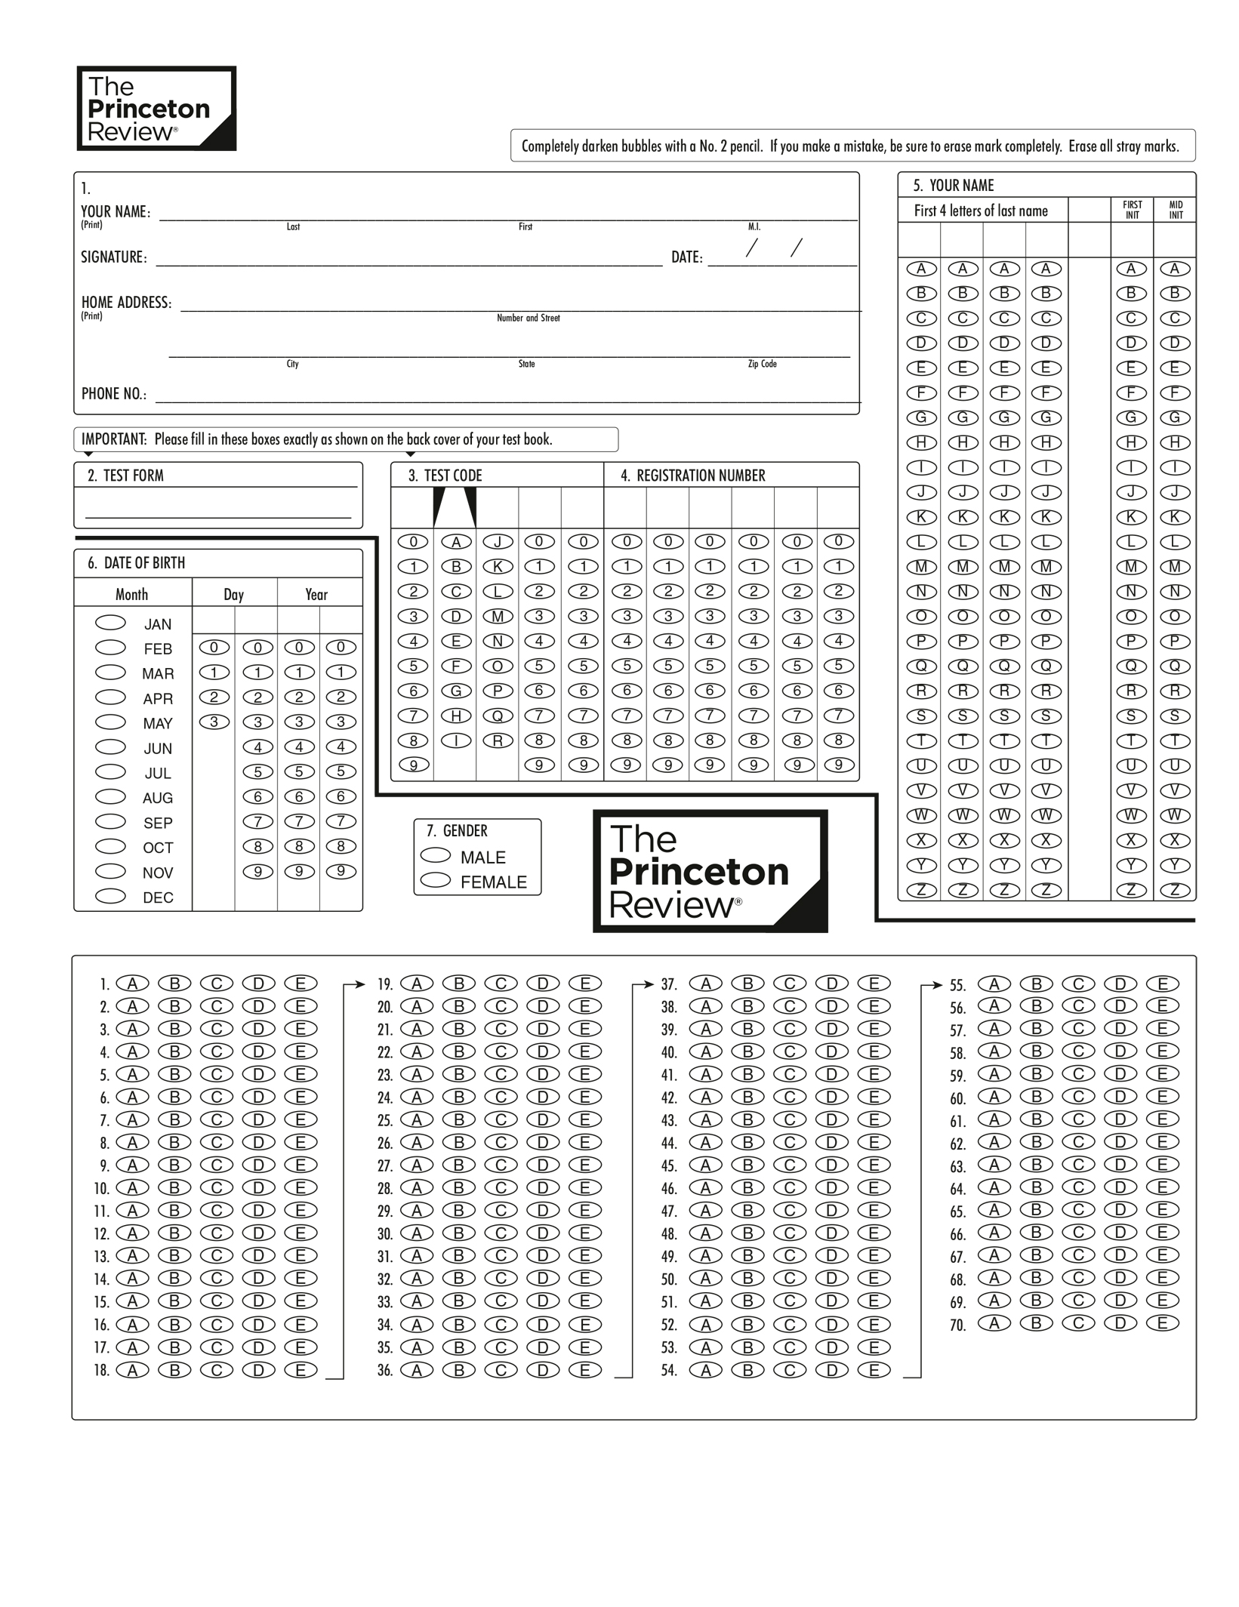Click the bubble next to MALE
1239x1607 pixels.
pos(435,854)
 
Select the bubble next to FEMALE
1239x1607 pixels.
pos(435,880)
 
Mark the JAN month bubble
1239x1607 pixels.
pos(110,623)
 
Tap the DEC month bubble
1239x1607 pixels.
pos(110,896)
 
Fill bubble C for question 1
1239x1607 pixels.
pos(217,983)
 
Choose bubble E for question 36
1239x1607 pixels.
pos(584,1370)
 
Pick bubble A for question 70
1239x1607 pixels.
pos(994,1322)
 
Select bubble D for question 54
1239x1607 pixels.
pos(832,1370)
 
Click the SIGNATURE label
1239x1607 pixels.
pos(114,257)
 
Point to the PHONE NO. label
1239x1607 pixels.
pos(114,394)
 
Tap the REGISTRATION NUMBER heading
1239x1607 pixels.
pos(692,476)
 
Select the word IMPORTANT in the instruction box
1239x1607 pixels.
pos(114,439)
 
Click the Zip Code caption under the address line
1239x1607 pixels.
pos(762,364)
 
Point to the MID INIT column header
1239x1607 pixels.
pos(1176,210)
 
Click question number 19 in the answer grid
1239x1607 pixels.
pos(385,984)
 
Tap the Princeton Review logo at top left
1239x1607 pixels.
pos(156,109)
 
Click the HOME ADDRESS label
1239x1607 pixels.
pos(126,303)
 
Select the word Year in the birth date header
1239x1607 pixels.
pos(316,595)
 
